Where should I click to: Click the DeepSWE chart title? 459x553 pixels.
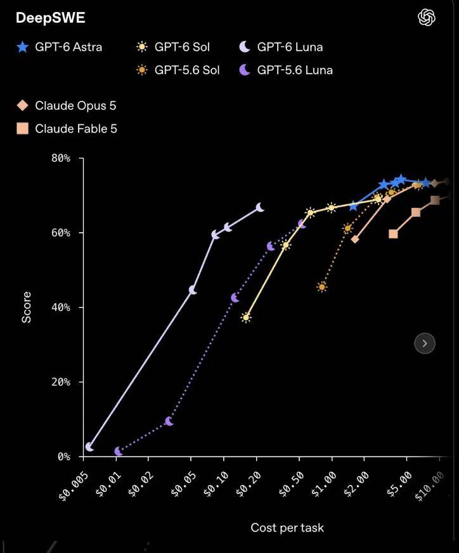[x=51, y=18]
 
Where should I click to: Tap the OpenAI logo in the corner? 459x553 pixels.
[x=427, y=17]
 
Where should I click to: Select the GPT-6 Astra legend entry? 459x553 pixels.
[x=59, y=47]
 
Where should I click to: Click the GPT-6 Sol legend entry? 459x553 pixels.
[x=172, y=47]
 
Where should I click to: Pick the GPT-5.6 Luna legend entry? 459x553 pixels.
[x=285, y=70]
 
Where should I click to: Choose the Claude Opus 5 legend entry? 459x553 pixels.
[x=67, y=105]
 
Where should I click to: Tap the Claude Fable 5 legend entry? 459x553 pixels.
[x=67, y=129]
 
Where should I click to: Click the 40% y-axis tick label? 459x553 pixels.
[x=61, y=307]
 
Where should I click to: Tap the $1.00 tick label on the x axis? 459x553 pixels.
[x=323, y=485]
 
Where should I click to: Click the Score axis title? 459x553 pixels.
[x=27, y=307]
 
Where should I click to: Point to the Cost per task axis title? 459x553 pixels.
[x=287, y=528]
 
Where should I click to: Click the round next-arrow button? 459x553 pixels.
[x=425, y=343]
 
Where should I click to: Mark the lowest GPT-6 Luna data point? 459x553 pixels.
[x=89, y=447]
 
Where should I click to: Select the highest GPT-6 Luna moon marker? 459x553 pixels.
[x=259, y=207]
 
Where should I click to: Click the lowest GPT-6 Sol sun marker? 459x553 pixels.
[x=246, y=318]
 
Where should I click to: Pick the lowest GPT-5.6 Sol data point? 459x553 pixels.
[x=321, y=287]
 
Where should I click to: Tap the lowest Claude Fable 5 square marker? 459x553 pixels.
[x=393, y=234]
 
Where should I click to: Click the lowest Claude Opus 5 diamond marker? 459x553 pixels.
[x=355, y=239]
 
